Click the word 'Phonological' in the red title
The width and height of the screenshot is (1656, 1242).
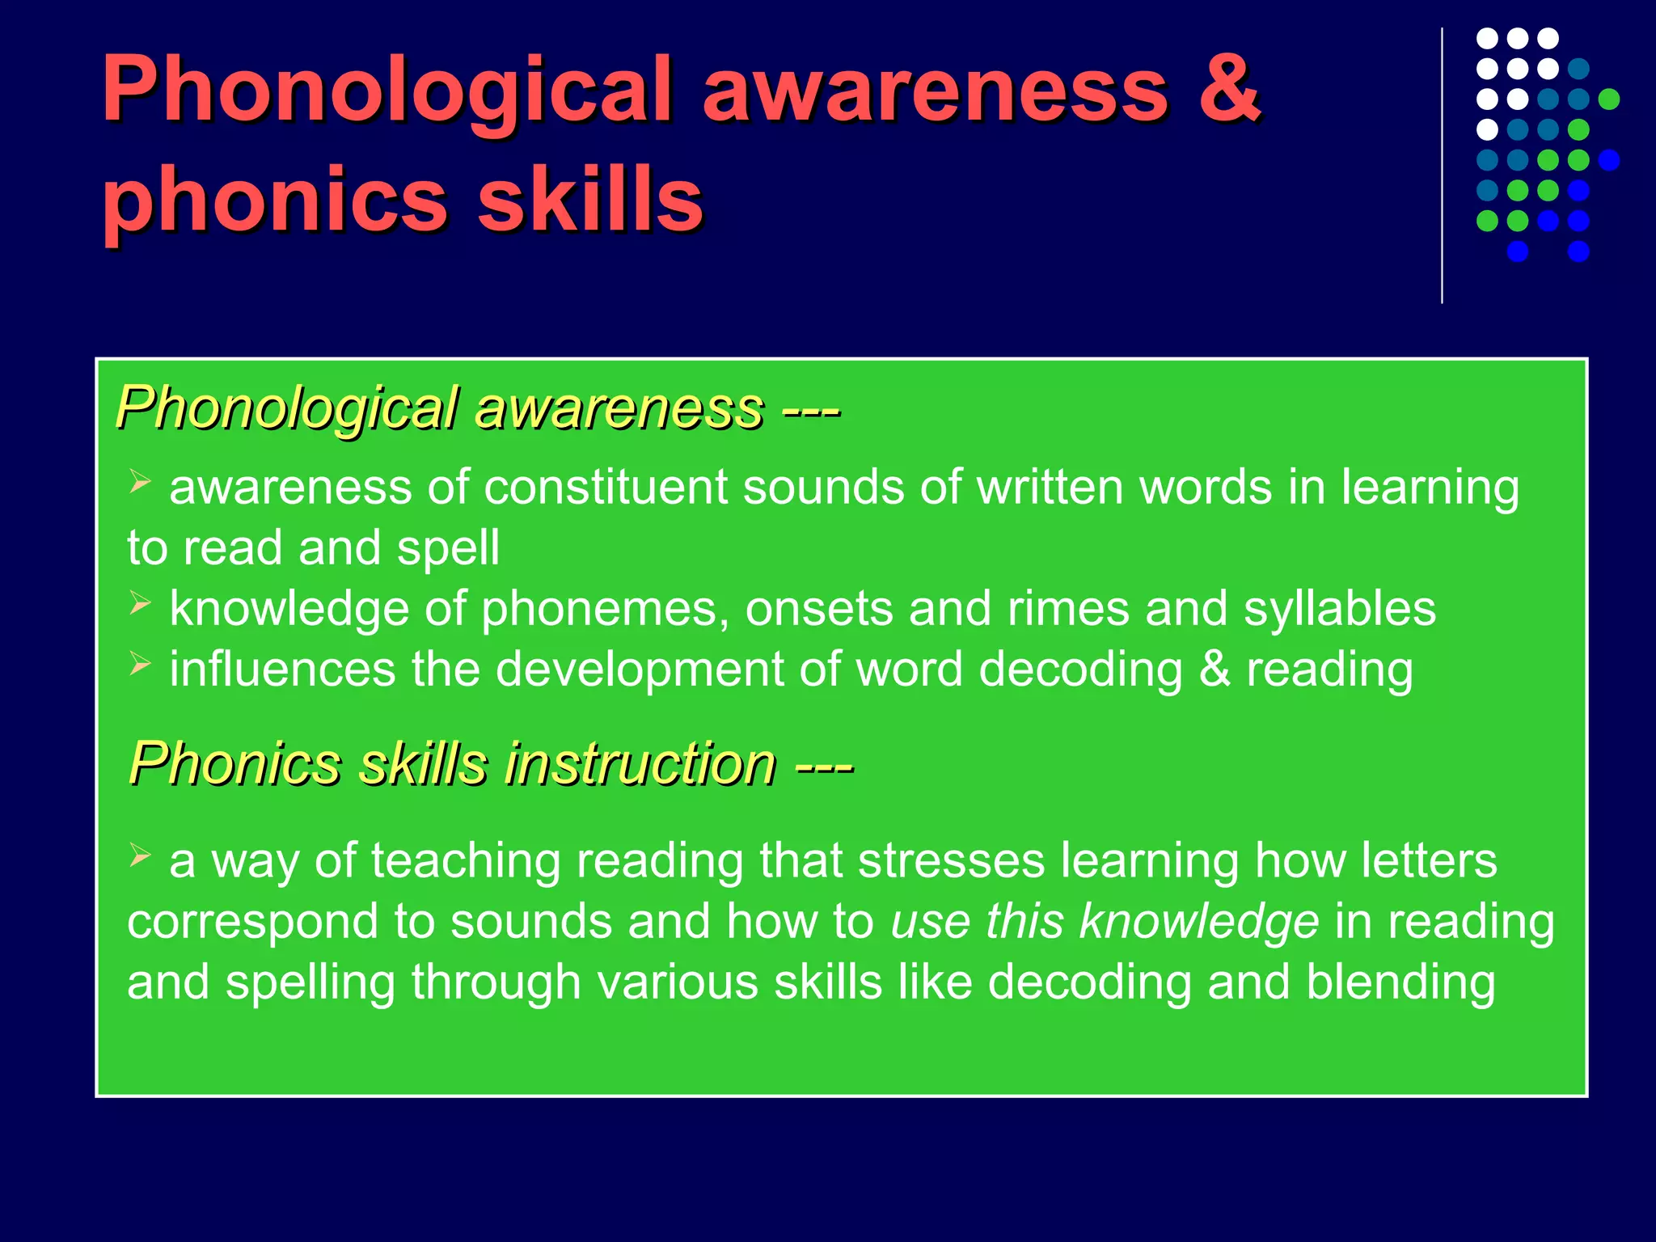tap(387, 91)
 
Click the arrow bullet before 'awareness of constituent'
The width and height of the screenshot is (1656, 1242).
tap(141, 483)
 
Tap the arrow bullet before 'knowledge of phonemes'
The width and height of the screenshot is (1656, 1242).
tap(141, 604)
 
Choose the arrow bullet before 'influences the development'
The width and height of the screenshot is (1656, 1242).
tap(141, 665)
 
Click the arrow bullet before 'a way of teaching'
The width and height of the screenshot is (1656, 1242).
tap(141, 855)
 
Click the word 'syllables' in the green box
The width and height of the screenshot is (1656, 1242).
tap(1339, 609)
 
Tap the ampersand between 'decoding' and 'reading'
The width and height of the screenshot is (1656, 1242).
tap(1215, 670)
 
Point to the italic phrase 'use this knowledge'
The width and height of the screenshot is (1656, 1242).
tap(1104, 921)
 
